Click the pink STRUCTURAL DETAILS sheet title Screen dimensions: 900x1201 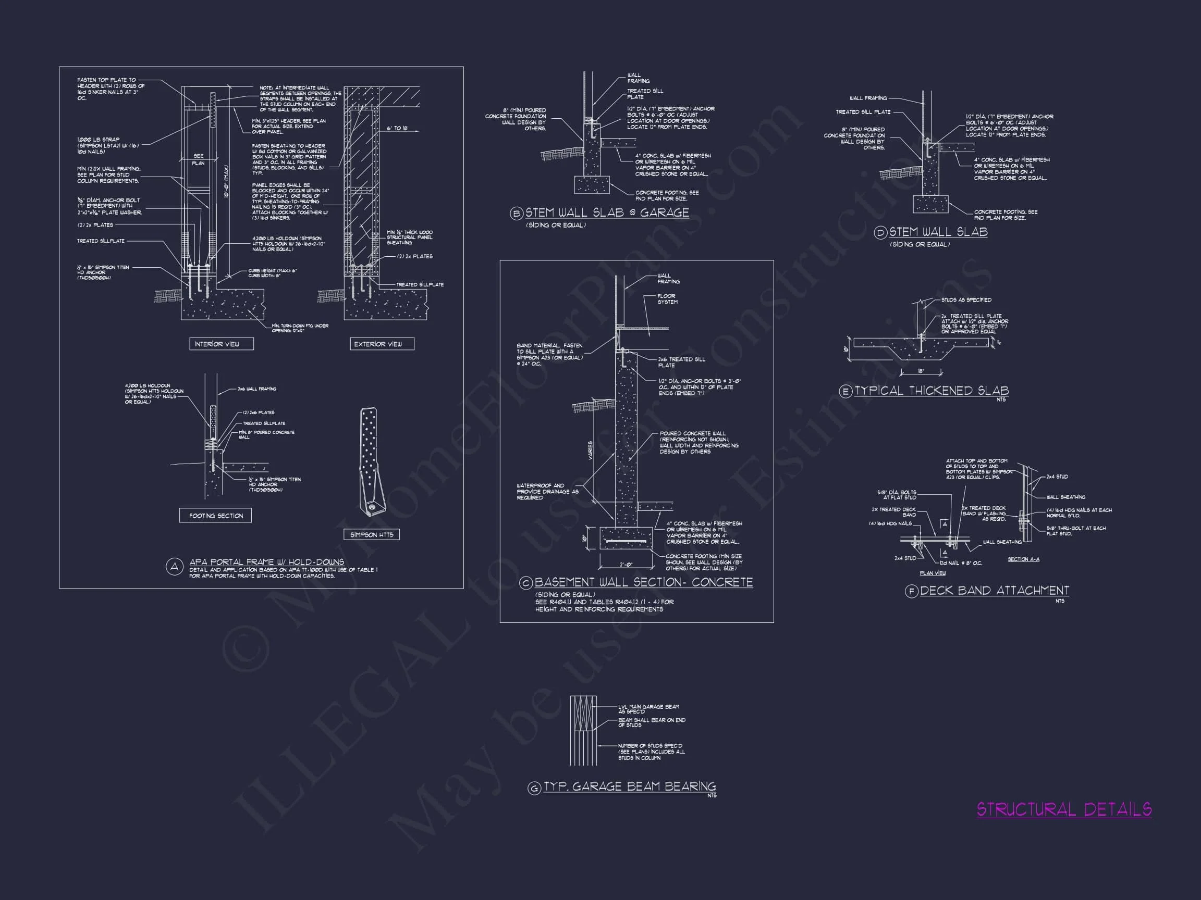[1063, 809]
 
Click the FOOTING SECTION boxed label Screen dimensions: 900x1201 [216, 516]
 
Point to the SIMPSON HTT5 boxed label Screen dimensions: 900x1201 [371, 534]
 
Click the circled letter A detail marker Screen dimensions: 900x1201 [174, 567]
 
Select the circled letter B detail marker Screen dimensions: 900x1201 [517, 214]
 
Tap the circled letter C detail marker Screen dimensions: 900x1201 [525, 583]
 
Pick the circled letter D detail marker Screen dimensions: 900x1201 [880, 233]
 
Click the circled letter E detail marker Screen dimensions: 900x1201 [846, 392]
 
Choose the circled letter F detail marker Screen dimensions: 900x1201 [912, 591]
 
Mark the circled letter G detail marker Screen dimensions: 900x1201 [535, 787]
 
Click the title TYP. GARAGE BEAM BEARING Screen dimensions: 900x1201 [630, 786]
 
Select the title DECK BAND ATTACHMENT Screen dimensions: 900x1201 [994, 590]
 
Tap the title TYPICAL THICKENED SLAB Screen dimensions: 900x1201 [932, 391]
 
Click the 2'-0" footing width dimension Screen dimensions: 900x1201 [626, 565]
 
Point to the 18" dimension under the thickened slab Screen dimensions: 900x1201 [921, 371]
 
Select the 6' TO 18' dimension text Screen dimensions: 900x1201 [397, 129]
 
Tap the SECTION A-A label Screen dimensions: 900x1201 [1023, 559]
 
